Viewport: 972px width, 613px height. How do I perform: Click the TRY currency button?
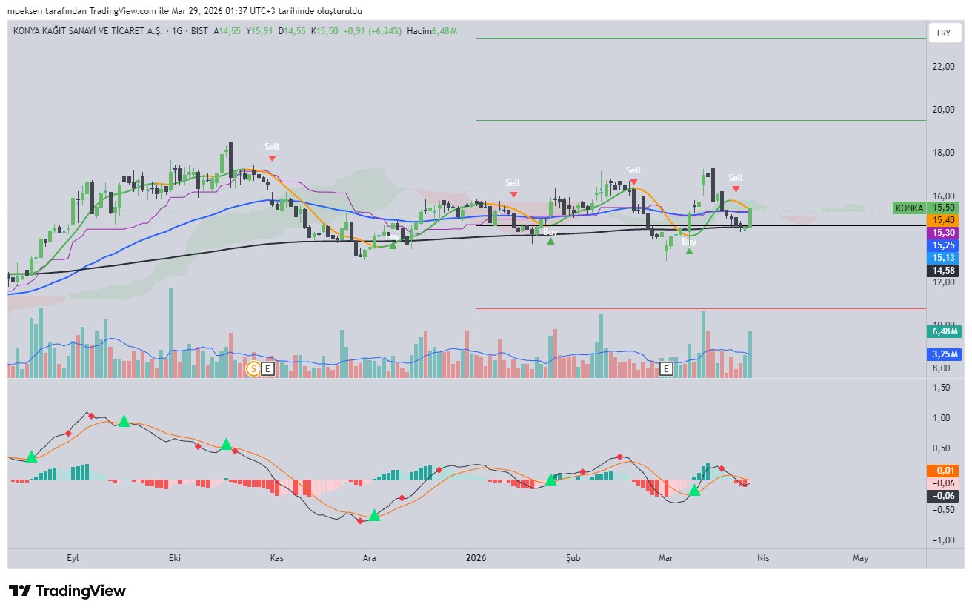click(x=942, y=33)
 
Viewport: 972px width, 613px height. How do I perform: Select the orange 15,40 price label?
click(x=942, y=220)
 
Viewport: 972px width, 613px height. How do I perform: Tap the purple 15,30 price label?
click(x=942, y=233)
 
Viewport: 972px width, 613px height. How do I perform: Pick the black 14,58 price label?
click(x=942, y=271)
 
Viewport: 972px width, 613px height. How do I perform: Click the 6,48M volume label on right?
click(x=942, y=332)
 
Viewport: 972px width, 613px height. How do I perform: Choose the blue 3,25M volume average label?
click(x=942, y=355)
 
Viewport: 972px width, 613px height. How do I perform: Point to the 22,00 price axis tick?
click(x=942, y=67)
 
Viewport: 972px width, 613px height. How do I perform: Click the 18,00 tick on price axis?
click(x=942, y=153)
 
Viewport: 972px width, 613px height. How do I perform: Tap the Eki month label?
click(x=176, y=557)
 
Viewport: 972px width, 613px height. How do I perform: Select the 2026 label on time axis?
click(x=476, y=557)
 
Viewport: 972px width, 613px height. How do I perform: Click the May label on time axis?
click(x=860, y=557)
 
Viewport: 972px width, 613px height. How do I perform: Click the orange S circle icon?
click(x=253, y=368)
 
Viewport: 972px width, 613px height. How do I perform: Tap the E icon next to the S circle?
click(x=267, y=368)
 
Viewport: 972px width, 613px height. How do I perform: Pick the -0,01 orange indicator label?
click(x=942, y=470)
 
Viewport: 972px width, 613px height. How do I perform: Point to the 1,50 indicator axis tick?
click(x=942, y=388)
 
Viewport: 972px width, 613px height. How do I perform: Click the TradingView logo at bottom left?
click(x=67, y=591)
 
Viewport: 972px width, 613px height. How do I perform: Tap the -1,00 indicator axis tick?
click(x=942, y=540)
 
